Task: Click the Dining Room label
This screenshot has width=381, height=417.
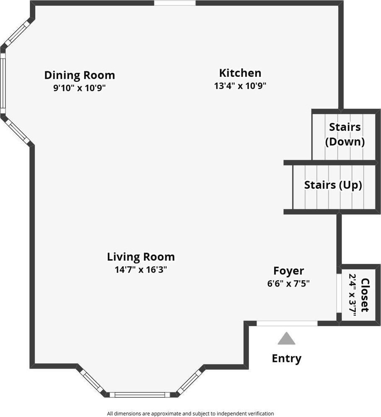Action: coord(80,76)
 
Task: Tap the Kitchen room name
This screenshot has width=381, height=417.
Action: coord(240,73)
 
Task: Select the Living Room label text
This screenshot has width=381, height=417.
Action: coord(141,257)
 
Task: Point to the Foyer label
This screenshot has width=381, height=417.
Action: coord(289,271)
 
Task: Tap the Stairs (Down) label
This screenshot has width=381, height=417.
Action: coord(345,134)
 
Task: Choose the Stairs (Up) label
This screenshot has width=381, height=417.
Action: coord(333,185)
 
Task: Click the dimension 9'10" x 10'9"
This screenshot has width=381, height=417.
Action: coord(80,89)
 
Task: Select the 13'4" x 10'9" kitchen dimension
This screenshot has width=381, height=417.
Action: coord(240,86)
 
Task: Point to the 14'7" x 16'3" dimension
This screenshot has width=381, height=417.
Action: coord(141,270)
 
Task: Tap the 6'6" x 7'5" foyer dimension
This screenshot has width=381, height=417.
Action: coord(289,284)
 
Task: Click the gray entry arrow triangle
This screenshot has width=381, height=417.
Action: coord(287,339)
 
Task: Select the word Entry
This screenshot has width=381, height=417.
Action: coord(287,359)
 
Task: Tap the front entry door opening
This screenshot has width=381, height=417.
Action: coord(287,323)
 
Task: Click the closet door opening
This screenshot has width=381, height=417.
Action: coord(339,293)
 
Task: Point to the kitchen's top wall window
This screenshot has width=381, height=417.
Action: coord(175,3)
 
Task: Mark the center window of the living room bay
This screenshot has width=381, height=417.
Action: coord(140,395)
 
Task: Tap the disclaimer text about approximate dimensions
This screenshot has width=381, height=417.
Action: coord(190,414)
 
